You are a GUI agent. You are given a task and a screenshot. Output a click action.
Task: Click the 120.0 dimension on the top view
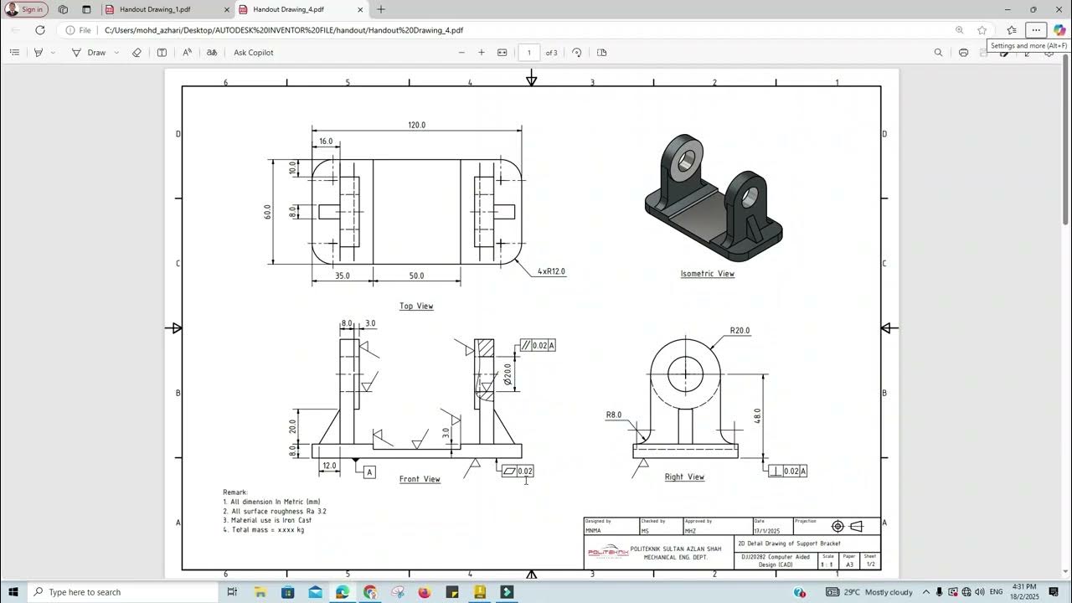pyautogui.click(x=416, y=125)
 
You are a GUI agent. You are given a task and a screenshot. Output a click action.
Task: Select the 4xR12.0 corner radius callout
pyautogui.click(x=551, y=271)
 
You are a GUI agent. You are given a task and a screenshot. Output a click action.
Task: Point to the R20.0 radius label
pyautogui.click(x=740, y=331)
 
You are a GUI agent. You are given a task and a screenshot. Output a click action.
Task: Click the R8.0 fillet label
pyautogui.click(x=614, y=415)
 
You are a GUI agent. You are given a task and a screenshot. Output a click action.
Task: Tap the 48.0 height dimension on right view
pyautogui.click(x=757, y=415)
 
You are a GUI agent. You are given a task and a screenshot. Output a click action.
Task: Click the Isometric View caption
pyautogui.click(x=707, y=274)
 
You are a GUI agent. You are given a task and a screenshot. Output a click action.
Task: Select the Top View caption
pyautogui.click(x=416, y=306)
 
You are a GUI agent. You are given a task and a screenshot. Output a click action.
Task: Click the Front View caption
pyautogui.click(x=420, y=479)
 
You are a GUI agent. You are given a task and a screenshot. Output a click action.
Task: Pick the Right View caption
pyautogui.click(x=684, y=477)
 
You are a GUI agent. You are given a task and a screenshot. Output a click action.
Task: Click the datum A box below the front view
pyautogui.click(x=369, y=472)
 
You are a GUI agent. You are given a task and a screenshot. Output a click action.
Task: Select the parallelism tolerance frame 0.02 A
pyautogui.click(x=537, y=345)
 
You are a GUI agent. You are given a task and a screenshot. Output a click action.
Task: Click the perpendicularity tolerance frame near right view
pyautogui.click(x=788, y=472)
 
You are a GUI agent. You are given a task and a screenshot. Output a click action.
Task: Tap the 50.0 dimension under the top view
pyautogui.click(x=416, y=276)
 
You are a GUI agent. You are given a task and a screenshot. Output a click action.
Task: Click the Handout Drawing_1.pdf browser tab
pyautogui.click(x=155, y=9)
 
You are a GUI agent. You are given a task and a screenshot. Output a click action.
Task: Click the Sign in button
pyautogui.click(x=27, y=9)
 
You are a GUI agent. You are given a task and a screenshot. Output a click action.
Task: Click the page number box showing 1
pyautogui.click(x=528, y=53)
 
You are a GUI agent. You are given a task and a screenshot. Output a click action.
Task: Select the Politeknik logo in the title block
pyautogui.click(x=607, y=553)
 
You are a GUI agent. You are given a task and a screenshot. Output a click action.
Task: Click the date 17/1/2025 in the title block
pyautogui.click(x=766, y=530)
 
